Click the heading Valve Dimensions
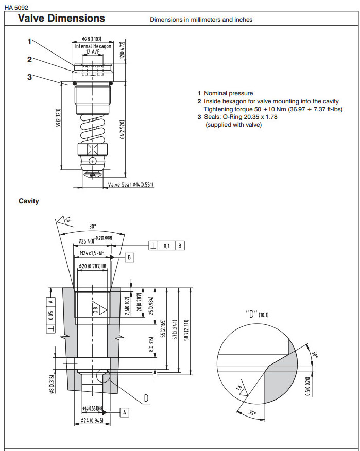[x=61, y=19]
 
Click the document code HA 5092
[x=16, y=7]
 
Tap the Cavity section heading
[x=29, y=201]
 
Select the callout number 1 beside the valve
[x=30, y=42]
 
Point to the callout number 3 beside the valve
[x=30, y=77]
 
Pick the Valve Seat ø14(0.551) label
[x=130, y=184]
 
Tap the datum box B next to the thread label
[x=130, y=256]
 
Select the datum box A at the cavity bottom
[x=124, y=412]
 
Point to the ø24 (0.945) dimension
[x=93, y=421]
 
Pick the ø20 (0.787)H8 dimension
[x=92, y=266]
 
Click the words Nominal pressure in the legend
[x=228, y=93]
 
